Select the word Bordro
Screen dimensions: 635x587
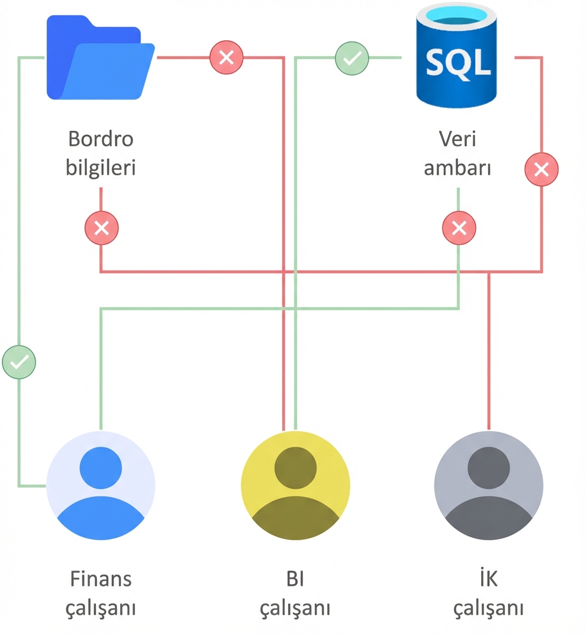[x=101, y=139]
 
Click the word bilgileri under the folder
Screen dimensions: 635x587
[x=101, y=168]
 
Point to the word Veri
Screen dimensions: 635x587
[x=457, y=139]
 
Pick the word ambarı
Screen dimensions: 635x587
[x=457, y=168]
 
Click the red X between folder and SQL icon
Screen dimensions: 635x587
[x=227, y=57]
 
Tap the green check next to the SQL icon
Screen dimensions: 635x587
[x=352, y=58]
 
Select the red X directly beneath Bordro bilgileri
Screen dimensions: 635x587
[x=101, y=228]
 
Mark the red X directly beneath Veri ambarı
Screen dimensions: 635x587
[x=459, y=228]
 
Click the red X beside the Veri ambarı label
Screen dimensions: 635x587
[x=541, y=170]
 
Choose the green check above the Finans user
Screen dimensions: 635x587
[x=19, y=362]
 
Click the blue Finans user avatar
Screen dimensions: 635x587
[x=101, y=485]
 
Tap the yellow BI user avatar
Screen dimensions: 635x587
[x=295, y=485]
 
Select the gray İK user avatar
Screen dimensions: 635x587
[x=488, y=485]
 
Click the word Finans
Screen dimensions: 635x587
[x=101, y=579]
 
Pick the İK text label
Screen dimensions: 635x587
[x=488, y=579]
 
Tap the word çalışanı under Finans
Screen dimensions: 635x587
[x=101, y=608]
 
